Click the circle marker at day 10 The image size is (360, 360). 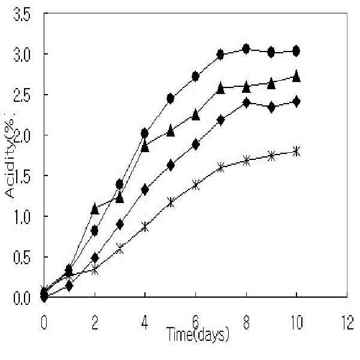coord(297,51)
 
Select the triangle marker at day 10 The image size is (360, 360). coord(297,76)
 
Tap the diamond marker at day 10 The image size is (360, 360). coord(297,102)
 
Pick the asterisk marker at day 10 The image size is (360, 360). coord(297,152)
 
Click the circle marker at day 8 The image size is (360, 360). coord(246,49)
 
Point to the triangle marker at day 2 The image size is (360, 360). coord(95,209)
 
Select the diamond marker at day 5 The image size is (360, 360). coord(170,165)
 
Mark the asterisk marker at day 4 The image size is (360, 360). coord(145,227)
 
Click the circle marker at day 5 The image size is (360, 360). coord(170,99)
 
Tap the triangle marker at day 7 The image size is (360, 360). coord(220,87)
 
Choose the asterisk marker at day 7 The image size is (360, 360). coord(220,167)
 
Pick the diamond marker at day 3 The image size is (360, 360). coord(120,224)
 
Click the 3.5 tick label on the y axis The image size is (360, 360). coord(22,16)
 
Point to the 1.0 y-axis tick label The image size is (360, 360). coord(22,217)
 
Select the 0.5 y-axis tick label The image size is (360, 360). coord(22,258)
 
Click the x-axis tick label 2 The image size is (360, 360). coord(95,323)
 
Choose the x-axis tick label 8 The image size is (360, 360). coord(246,323)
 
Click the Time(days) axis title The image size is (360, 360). coord(198,334)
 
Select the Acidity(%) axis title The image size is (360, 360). coord(10,156)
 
